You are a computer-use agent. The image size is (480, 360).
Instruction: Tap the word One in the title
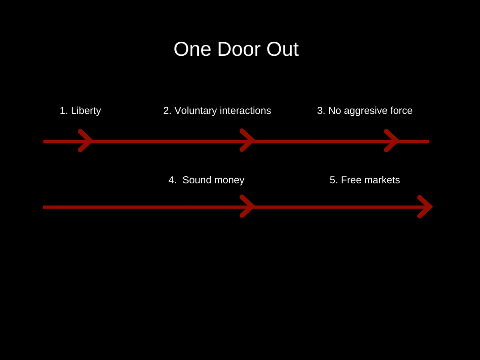[x=192, y=49]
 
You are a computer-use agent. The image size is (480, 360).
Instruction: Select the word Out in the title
[x=283, y=49]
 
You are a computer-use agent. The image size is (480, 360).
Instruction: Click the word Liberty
[x=86, y=111]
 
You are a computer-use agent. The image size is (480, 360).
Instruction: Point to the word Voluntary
[x=195, y=111]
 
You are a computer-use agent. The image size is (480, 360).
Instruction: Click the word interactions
[x=245, y=111]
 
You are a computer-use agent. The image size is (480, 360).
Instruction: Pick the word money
[x=230, y=180]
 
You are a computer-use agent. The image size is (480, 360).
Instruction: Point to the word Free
[x=349, y=180]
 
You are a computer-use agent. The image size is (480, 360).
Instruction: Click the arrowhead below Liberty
[x=86, y=141]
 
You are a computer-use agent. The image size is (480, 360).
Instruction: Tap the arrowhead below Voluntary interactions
[x=247, y=141]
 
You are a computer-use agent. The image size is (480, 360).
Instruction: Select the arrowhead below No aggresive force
[x=392, y=141]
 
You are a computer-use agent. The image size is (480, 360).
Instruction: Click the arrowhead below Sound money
[x=247, y=206]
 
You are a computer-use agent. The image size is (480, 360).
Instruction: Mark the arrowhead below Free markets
[x=425, y=206]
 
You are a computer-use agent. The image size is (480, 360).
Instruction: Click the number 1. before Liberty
[x=64, y=111]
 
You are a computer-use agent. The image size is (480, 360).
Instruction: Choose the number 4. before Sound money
[x=172, y=180]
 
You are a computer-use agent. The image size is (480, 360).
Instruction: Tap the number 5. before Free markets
[x=334, y=180]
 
